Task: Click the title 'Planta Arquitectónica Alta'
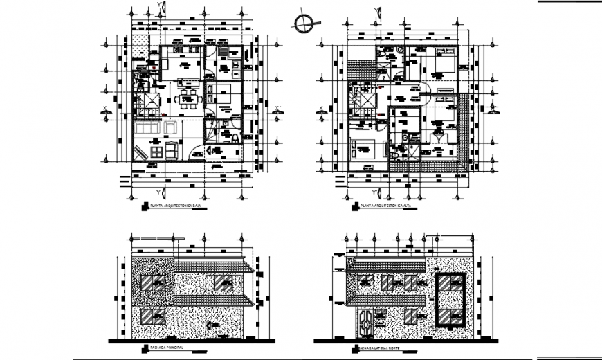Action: [x=384, y=206]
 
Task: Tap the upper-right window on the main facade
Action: [x=223, y=282]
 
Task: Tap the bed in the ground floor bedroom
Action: [x=223, y=94]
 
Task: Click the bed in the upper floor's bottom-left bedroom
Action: [x=365, y=147]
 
